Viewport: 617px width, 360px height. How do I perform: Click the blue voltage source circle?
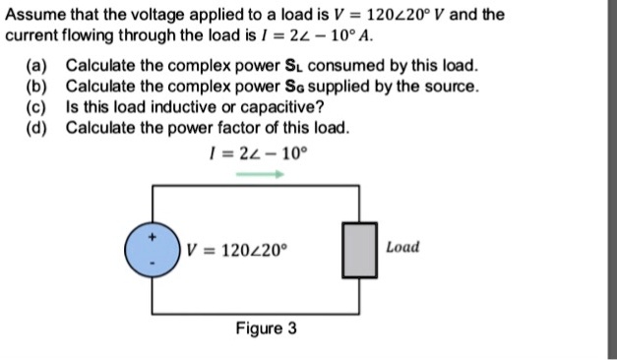click(x=152, y=251)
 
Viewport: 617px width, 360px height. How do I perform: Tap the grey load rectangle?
click(x=357, y=250)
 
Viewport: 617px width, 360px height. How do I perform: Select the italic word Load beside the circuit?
click(x=402, y=246)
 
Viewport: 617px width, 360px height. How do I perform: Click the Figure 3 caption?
click(x=266, y=328)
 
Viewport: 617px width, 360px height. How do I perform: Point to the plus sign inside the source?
click(x=152, y=236)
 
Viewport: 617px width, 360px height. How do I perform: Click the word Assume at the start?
click(x=34, y=15)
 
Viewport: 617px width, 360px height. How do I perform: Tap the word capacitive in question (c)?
click(x=286, y=107)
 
